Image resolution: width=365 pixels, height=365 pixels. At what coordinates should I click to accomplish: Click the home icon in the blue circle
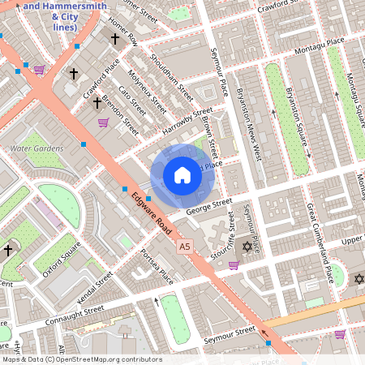pyautogui.click(x=182, y=175)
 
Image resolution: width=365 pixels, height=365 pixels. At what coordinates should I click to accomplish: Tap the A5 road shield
pyautogui.click(x=186, y=246)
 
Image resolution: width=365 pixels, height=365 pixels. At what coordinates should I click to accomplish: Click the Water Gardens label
pyautogui.click(x=36, y=148)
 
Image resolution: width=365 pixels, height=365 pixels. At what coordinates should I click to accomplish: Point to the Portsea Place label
pyautogui.click(x=156, y=267)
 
